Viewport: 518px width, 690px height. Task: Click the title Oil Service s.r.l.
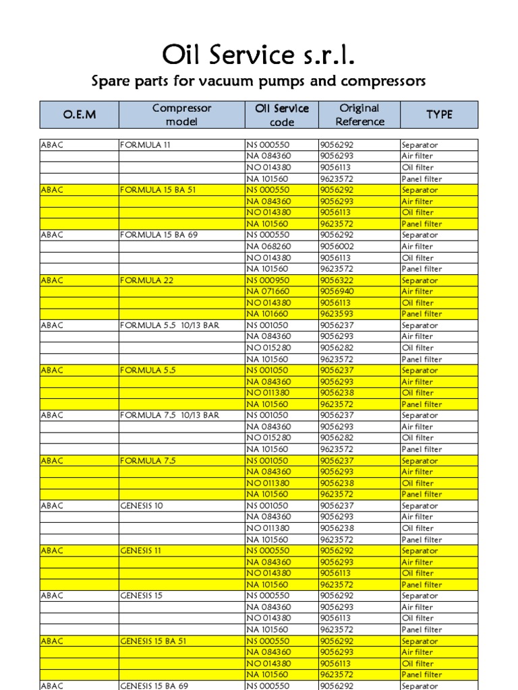click(258, 56)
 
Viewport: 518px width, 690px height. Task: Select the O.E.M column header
click(80, 115)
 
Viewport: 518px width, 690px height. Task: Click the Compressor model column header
click(181, 115)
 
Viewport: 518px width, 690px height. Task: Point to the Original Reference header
click(359, 115)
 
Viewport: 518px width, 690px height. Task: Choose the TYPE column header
click(439, 115)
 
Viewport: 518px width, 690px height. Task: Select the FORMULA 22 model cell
click(146, 280)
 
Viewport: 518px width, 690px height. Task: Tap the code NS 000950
click(268, 280)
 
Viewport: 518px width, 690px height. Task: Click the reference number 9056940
click(337, 292)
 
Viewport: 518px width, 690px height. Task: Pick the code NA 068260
click(268, 247)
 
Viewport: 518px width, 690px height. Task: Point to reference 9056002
click(337, 247)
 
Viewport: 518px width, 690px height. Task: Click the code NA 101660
click(268, 314)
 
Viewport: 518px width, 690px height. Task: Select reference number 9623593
click(337, 314)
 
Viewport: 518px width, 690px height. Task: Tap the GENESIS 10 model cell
click(141, 506)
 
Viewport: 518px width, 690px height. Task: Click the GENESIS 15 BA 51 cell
click(153, 641)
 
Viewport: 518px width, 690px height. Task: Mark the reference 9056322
click(337, 280)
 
